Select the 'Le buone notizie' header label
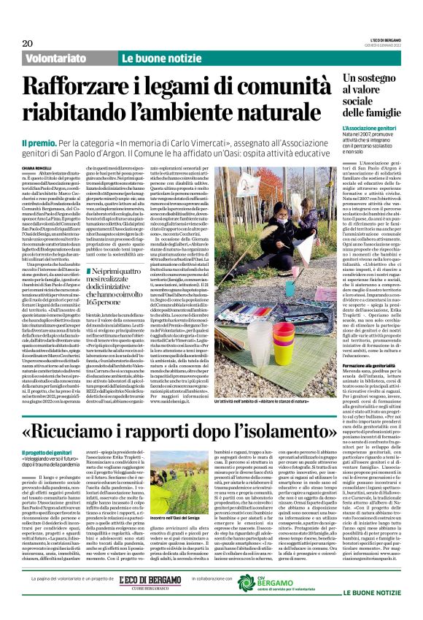coord(152,58)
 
